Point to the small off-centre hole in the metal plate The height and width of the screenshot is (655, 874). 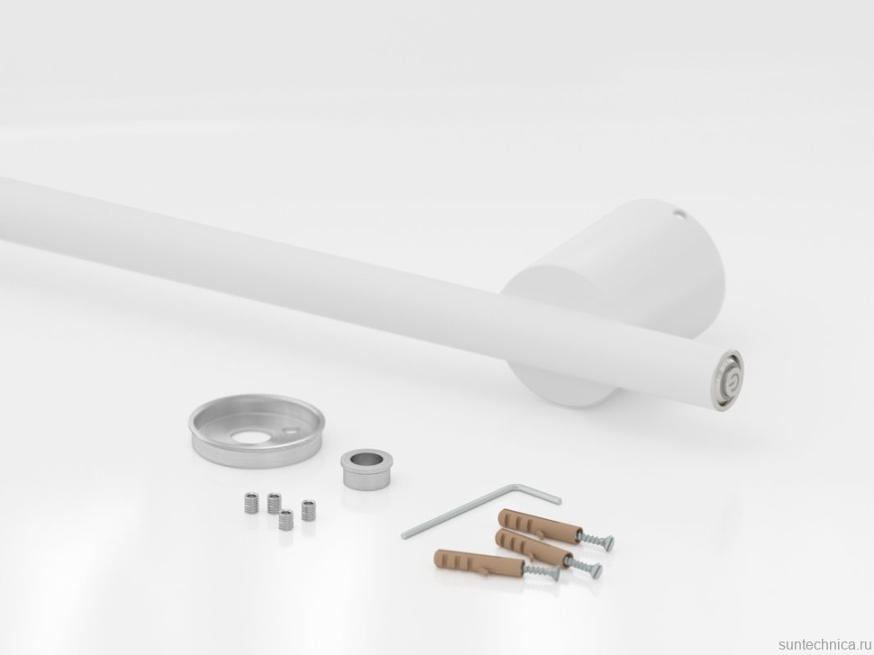(289, 431)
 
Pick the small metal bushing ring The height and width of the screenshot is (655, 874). (362, 469)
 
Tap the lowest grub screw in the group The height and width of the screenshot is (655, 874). (287, 520)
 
